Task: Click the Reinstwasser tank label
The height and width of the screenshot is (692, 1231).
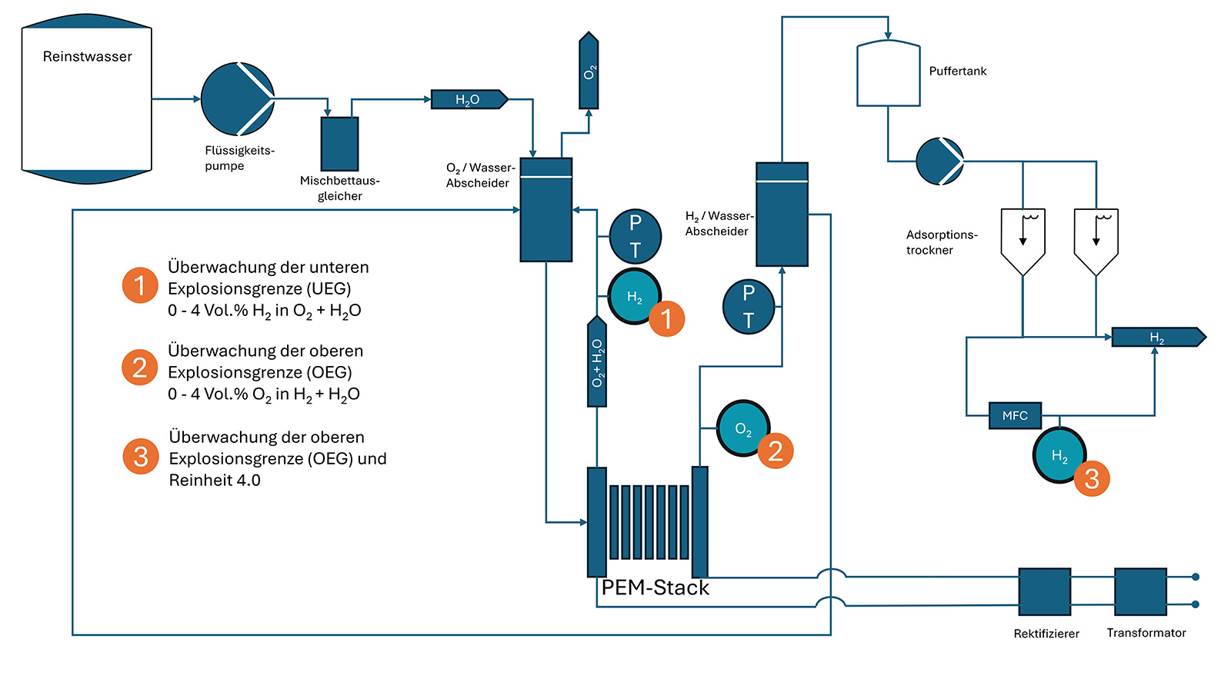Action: (x=88, y=57)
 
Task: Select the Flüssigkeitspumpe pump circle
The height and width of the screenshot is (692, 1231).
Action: (x=238, y=99)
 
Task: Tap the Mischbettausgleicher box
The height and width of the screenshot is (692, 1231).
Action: (x=339, y=144)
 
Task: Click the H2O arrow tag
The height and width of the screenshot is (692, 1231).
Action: (x=469, y=99)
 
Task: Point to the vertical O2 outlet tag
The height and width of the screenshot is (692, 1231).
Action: (x=589, y=70)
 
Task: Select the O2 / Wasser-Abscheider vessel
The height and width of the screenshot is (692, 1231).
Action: (x=546, y=210)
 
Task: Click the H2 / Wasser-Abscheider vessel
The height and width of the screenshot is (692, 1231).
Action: (x=782, y=215)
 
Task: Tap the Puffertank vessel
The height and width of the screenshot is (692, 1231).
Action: (x=889, y=73)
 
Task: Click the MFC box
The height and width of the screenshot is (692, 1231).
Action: (x=1015, y=416)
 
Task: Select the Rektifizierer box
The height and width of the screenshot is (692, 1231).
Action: (x=1045, y=591)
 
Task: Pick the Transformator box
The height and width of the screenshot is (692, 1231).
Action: (x=1140, y=591)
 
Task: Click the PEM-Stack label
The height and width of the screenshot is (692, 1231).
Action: (x=655, y=587)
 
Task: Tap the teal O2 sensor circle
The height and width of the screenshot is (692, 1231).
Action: (x=743, y=428)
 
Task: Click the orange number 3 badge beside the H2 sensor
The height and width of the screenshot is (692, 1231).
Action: (x=1092, y=478)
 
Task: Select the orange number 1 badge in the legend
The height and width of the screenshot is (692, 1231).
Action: (x=140, y=285)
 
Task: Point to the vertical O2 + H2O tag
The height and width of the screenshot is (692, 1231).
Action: (x=597, y=361)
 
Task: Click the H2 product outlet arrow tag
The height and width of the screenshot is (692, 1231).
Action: (x=1159, y=338)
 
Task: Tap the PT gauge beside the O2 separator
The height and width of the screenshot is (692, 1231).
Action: (x=636, y=237)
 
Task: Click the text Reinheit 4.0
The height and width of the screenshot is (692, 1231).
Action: (x=215, y=481)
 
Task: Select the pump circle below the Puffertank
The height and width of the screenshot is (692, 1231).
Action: (x=939, y=161)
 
